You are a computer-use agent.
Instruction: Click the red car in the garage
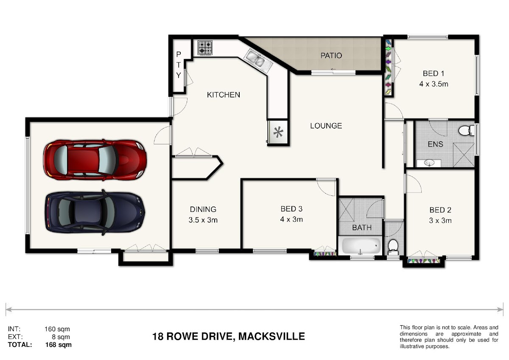(x=95, y=160)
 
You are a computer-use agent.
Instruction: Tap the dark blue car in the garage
(x=95, y=213)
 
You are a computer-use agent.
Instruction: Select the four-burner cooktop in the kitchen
(x=205, y=48)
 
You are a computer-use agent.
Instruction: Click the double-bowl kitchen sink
(x=258, y=60)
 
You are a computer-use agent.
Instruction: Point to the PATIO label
(x=331, y=56)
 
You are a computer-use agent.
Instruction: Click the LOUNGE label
(x=326, y=126)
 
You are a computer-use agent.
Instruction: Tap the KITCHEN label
(x=224, y=95)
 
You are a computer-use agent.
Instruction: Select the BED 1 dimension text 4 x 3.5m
(x=433, y=84)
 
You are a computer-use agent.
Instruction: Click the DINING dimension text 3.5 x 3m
(x=203, y=220)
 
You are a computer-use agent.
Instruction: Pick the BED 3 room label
(x=291, y=209)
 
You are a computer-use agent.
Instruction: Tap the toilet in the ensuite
(x=466, y=131)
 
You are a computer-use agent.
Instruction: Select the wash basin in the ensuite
(x=429, y=163)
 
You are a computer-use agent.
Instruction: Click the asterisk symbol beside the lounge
(x=278, y=132)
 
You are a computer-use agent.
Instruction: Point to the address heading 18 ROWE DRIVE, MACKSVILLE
(x=228, y=336)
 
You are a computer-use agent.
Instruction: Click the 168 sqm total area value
(x=59, y=345)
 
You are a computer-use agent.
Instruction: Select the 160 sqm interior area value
(x=57, y=329)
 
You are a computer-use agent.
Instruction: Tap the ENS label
(x=435, y=144)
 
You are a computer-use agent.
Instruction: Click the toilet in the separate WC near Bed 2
(x=393, y=247)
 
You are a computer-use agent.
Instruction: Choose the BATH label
(x=362, y=228)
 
